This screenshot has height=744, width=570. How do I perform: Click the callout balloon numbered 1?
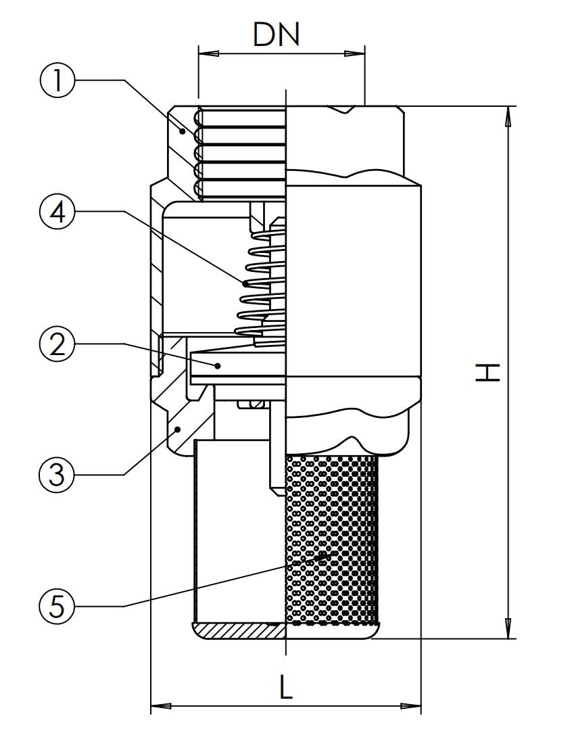(57, 80)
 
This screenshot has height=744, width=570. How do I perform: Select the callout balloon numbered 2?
(57, 345)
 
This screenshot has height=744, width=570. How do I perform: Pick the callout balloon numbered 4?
(57, 212)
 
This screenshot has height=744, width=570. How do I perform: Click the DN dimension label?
(277, 34)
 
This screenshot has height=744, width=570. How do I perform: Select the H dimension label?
(488, 372)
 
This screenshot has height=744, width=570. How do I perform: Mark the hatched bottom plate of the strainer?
(239, 632)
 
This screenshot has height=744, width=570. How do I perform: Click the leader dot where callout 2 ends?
(218, 365)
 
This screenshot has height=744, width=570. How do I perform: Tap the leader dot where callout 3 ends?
(178, 429)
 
